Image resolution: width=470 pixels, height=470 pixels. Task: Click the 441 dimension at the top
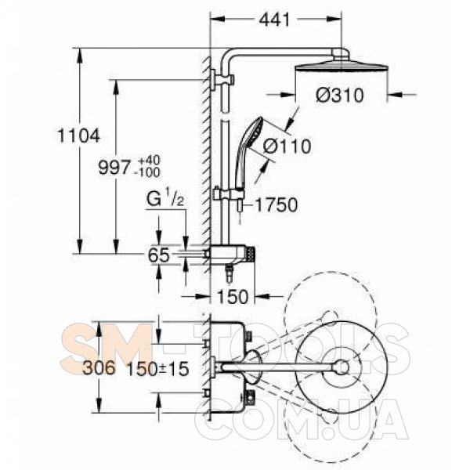point(275,20)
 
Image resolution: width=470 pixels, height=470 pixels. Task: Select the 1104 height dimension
point(78,136)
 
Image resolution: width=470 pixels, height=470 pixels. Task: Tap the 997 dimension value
point(114,168)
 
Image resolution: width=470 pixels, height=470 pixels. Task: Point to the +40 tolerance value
point(150,160)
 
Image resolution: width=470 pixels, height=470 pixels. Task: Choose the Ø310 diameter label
point(340,96)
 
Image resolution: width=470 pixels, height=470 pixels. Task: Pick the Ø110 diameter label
point(287,146)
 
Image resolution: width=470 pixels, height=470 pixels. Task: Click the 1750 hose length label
point(276,205)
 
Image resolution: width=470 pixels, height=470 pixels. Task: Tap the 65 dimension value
point(159,255)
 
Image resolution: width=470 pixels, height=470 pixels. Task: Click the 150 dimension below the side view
point(233,297)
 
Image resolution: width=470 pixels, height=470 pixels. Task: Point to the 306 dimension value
point(99,368)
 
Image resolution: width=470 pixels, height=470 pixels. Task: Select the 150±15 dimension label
point(157,368)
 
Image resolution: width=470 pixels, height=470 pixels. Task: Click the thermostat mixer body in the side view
point(232,255)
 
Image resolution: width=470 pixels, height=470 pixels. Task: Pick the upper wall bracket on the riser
point(222,80)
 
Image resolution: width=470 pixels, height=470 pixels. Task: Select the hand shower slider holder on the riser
point(228,193)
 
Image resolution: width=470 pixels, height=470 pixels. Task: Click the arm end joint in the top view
point(342,367)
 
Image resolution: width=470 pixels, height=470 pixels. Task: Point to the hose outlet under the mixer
point(230,273)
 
